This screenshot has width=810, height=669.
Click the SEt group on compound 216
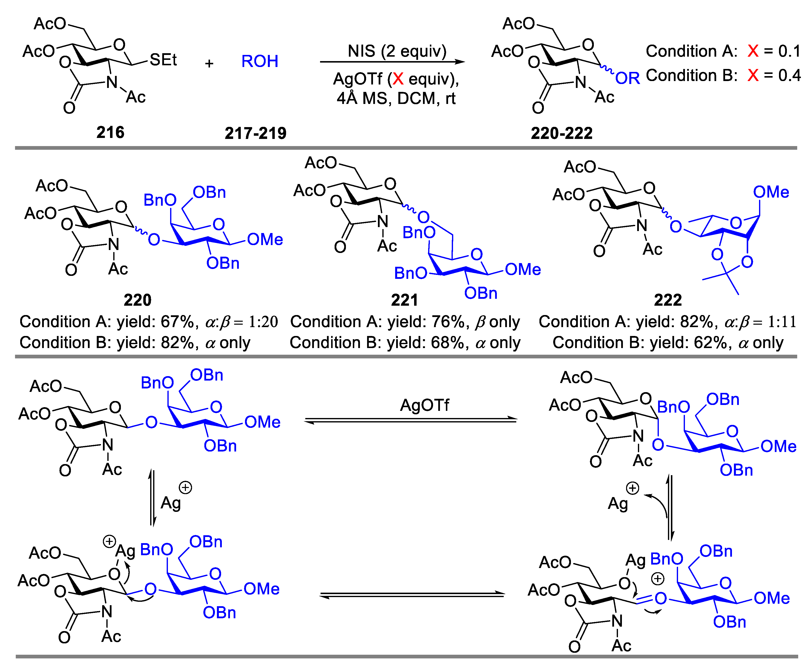tap(163, 60)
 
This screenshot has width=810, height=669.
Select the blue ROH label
tap(259, 61)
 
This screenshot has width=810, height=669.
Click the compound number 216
tap(110, 133)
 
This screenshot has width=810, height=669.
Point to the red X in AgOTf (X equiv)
tap(398, 79)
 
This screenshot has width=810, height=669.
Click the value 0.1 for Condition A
tap(789, 51)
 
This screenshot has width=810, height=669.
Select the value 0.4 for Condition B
tap(789, 75)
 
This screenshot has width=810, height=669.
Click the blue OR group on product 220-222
tap(627, 79)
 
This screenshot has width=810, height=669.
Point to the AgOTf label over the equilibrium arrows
tap(424, 405)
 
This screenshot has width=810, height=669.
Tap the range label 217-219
tap(255, 133)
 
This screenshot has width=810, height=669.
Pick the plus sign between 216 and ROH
tap(209, 63)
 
